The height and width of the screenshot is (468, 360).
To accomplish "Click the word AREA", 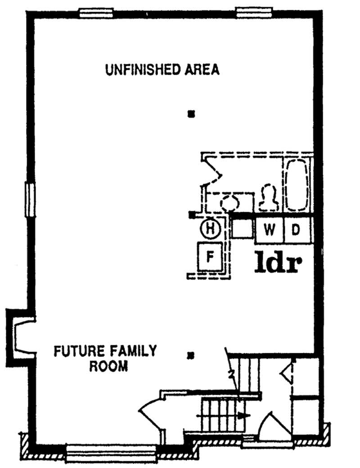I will (x=202, y=70).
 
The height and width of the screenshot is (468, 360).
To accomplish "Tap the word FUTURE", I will (x=75, y=350).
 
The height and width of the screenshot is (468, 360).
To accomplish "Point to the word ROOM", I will (x=109, y=365).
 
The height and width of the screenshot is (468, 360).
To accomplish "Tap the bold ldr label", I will (x=277, y=263).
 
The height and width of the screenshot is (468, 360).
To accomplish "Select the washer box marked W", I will (x=269, y=230).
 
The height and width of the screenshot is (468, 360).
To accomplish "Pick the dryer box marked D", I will (x=296, y=230).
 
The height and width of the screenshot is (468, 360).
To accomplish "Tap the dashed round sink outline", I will (x=231, y=202).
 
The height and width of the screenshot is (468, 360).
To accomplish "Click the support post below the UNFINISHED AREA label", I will (x=191, y=114).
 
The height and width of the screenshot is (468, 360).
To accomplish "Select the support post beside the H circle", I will (x=192, y=215).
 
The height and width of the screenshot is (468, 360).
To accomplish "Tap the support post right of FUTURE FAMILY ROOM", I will (x=191, y=357).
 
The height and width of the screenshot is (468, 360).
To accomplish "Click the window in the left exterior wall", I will (x=30, y=199).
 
